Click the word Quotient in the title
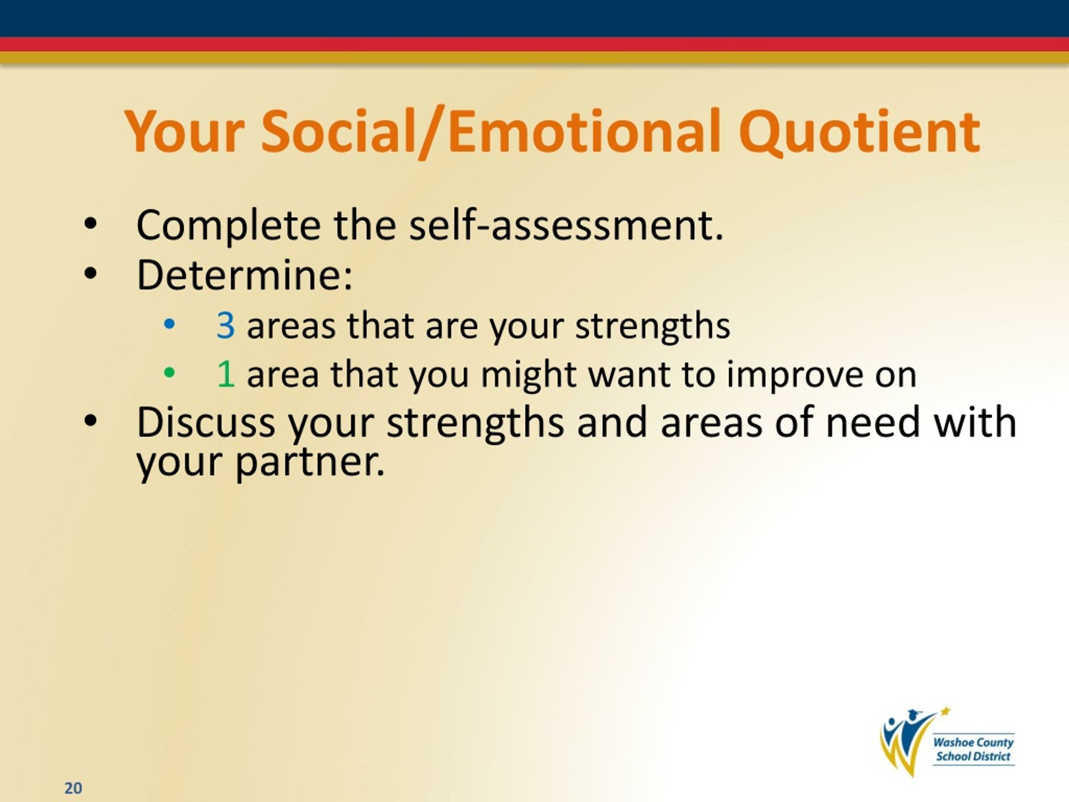859,132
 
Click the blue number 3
225,325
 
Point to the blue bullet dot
169,323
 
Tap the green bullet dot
169,372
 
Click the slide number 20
73,788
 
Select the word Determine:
245,275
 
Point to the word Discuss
206,422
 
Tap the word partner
310,462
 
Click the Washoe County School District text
973,749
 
